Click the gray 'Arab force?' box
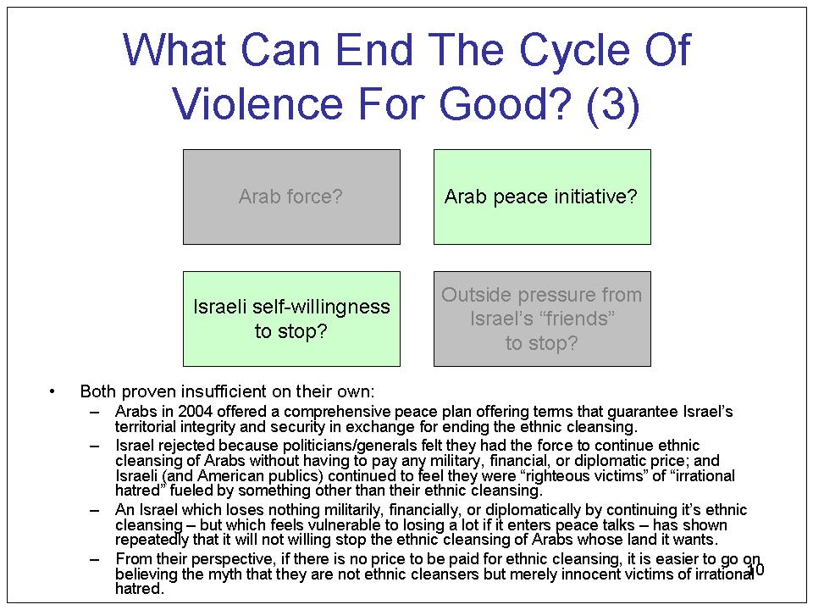click(291, 197)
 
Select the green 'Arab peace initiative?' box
click(542, 197)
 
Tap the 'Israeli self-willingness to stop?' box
click(291, 319)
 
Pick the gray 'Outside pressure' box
click(542, 319)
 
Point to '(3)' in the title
click(613, 103)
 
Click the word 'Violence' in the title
click(257, 103)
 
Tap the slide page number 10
click(756, 569)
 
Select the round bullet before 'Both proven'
click(52, 391)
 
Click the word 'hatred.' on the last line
click(140, 589)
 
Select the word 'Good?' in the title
click(505, 103)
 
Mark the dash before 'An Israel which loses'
click(94, 510)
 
